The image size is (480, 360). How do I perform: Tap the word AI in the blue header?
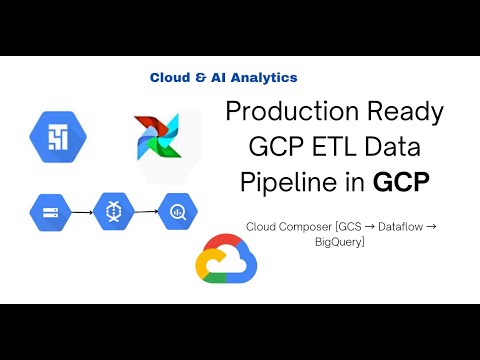pyautogui.click(x=218, y=77)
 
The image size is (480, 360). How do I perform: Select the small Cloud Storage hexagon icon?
pyautogui.click(x=47, y=211)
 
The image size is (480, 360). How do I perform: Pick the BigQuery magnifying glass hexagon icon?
pyautogui.click(x=178, y=211)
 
